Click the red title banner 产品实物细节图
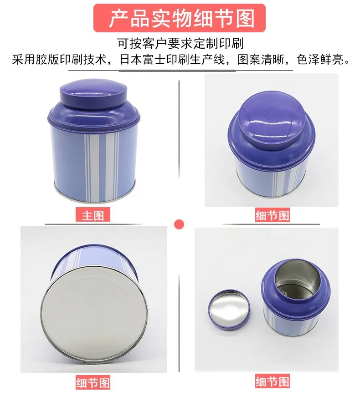(180, 18)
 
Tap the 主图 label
(93, 215)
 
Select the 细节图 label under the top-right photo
(272, 215)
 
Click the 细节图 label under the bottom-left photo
(93, 382)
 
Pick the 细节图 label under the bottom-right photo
(272, 381)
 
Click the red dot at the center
(179, 224)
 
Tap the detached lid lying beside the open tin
(229, 309)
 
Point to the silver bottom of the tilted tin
(94, 314)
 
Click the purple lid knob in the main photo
(93, 93)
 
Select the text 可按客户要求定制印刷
(180, 44)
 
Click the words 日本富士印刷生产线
(172, 60)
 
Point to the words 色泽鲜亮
(320, 60)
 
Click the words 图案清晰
(261, 60)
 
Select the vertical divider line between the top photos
(179, 129)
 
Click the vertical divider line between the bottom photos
(179, 323)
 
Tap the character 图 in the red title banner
(245, 18)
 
